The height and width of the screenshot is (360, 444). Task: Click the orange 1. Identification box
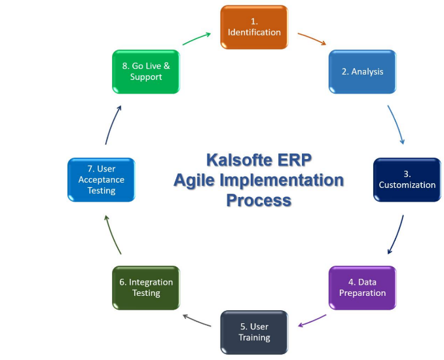(x=254, y=27)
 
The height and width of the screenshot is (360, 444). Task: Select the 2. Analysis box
(x=362, y=71)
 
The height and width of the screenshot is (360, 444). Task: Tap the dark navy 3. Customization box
(x=407, y=179)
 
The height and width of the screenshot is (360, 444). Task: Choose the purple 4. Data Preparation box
(x=362, y=287)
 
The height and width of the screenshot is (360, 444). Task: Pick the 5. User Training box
(x=254, y=332)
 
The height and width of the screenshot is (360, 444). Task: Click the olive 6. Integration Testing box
(x=146, y=287)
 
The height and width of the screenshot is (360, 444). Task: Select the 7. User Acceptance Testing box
(x=102, y=179)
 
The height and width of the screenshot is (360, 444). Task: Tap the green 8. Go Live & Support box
(x=146, y=71)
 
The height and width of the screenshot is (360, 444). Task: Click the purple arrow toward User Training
(x=312, y=321)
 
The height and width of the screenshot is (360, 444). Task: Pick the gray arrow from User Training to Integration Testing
(x=196, y=321)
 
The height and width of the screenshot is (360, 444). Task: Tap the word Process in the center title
(x=259, y=200)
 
